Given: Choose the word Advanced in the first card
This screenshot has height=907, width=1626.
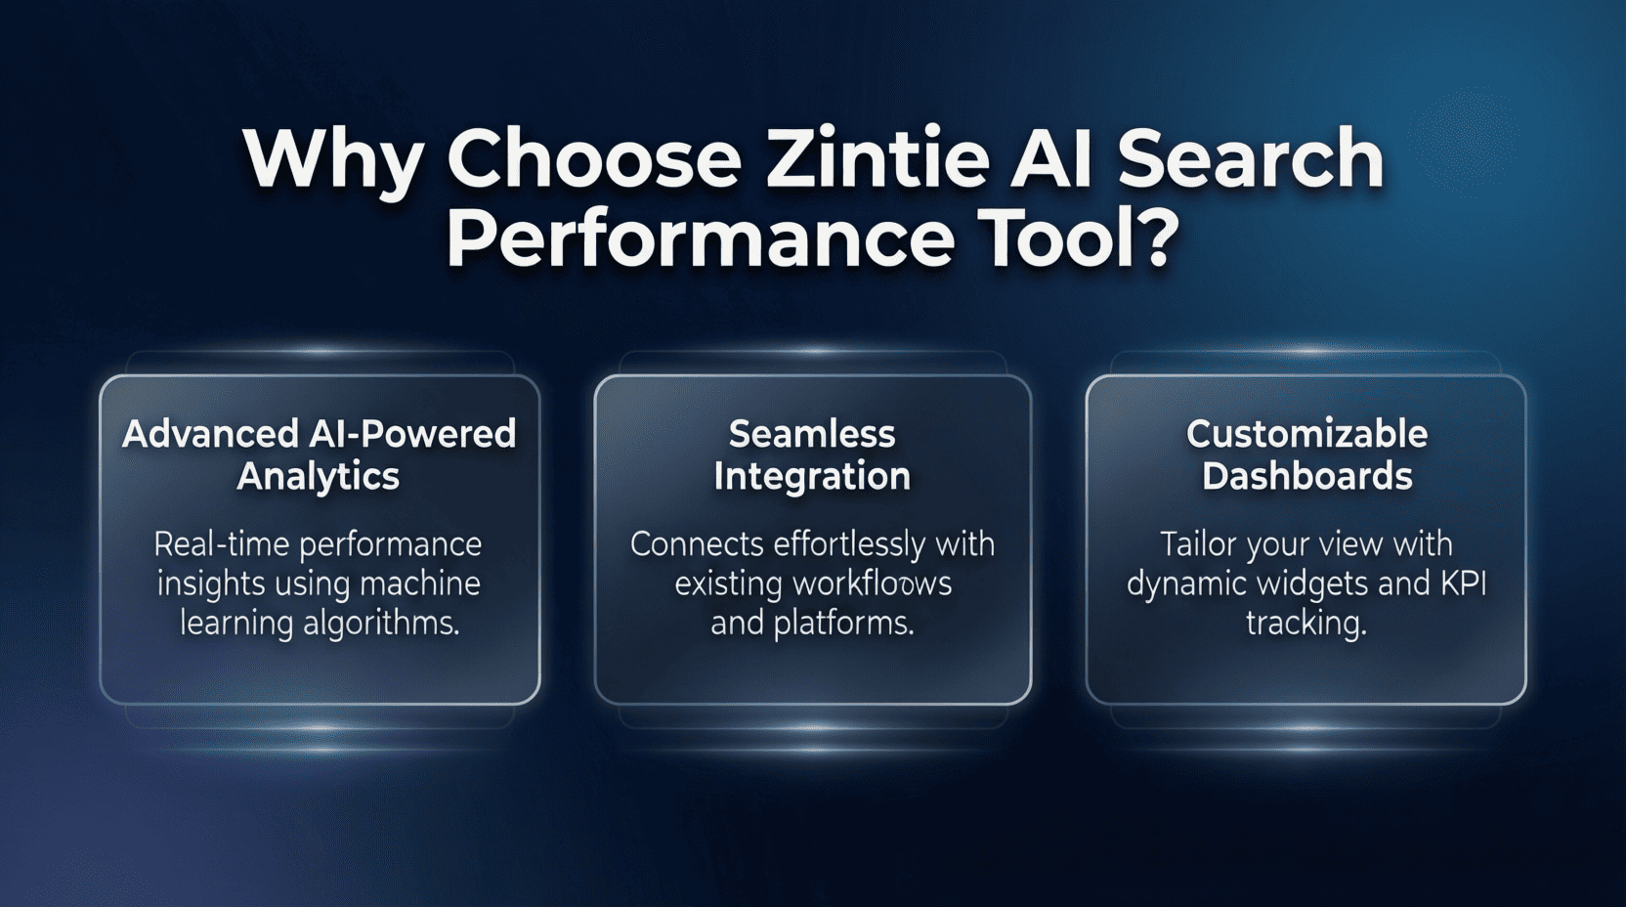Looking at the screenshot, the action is pyautogui.click(x=210, y=434).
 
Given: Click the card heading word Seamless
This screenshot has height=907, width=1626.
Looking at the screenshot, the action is pyautogui.click(x=812, y=434).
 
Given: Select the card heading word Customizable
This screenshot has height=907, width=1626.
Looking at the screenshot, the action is pyautogui.click(x=1307, y=434).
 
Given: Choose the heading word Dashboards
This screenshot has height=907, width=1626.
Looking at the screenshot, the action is pyautogui.click(x=1307, y=476).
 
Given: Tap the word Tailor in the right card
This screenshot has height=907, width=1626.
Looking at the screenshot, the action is pyautogui.click(x=1198, y=544).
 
